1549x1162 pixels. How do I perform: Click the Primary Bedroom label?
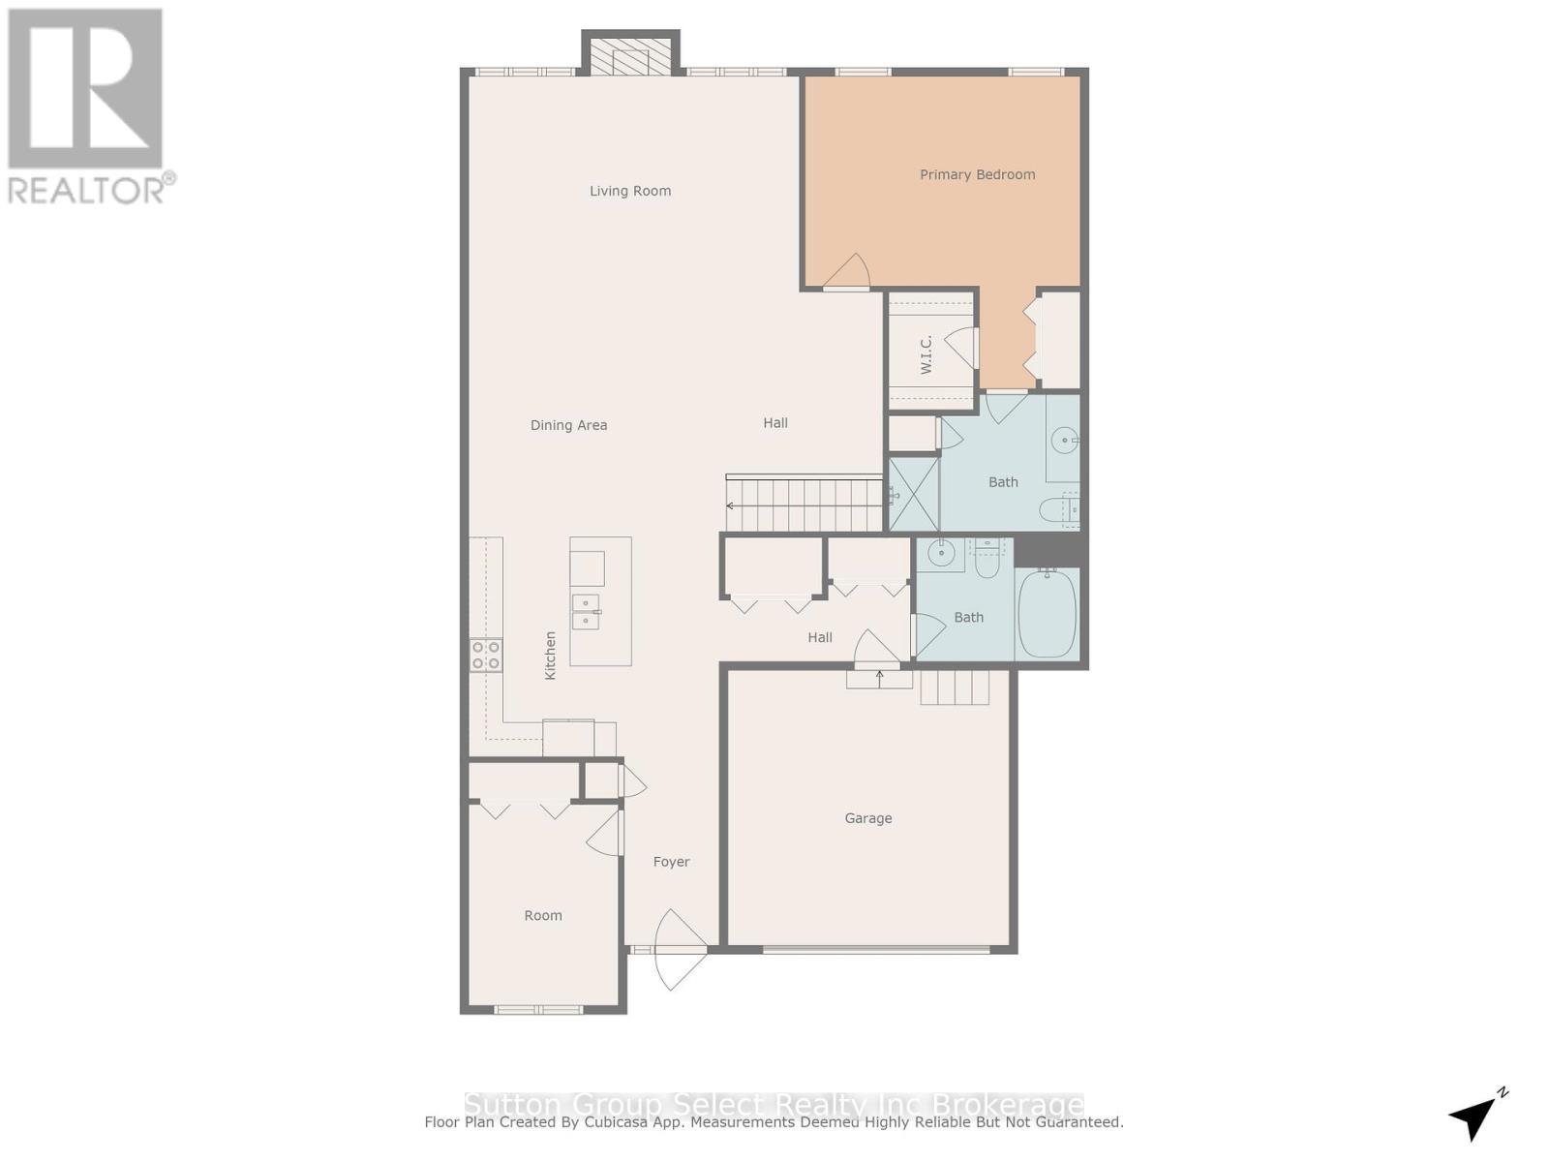977,174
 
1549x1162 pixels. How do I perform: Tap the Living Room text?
630,191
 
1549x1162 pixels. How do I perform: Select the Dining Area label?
568,425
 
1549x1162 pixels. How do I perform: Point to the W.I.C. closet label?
926,354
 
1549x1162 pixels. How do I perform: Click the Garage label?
868,818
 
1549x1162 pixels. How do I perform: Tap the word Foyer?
671,862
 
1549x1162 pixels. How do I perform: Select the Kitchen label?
550,655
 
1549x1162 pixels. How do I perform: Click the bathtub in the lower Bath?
1047,613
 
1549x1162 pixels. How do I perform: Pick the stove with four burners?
486,655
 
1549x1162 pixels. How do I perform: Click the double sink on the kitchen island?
586,612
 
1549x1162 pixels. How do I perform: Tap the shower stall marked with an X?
913,494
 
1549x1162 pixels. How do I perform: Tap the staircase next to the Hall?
804,505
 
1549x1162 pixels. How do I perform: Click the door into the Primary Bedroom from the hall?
847,274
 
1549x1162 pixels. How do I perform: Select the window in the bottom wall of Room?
538,1010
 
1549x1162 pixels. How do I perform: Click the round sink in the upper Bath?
1064,441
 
